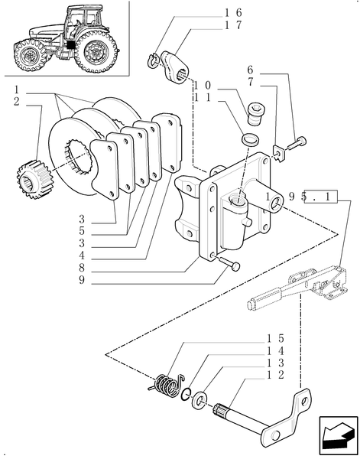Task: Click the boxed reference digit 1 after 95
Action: coord(329,197)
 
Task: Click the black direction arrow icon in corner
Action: coord(338,437)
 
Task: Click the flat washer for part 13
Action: coord(199,399)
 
